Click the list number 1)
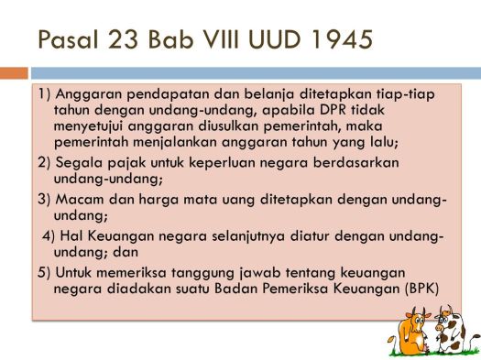coord(47,94)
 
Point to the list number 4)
coord(50,235)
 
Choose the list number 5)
coord(45,272)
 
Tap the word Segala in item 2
coord(77,163)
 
